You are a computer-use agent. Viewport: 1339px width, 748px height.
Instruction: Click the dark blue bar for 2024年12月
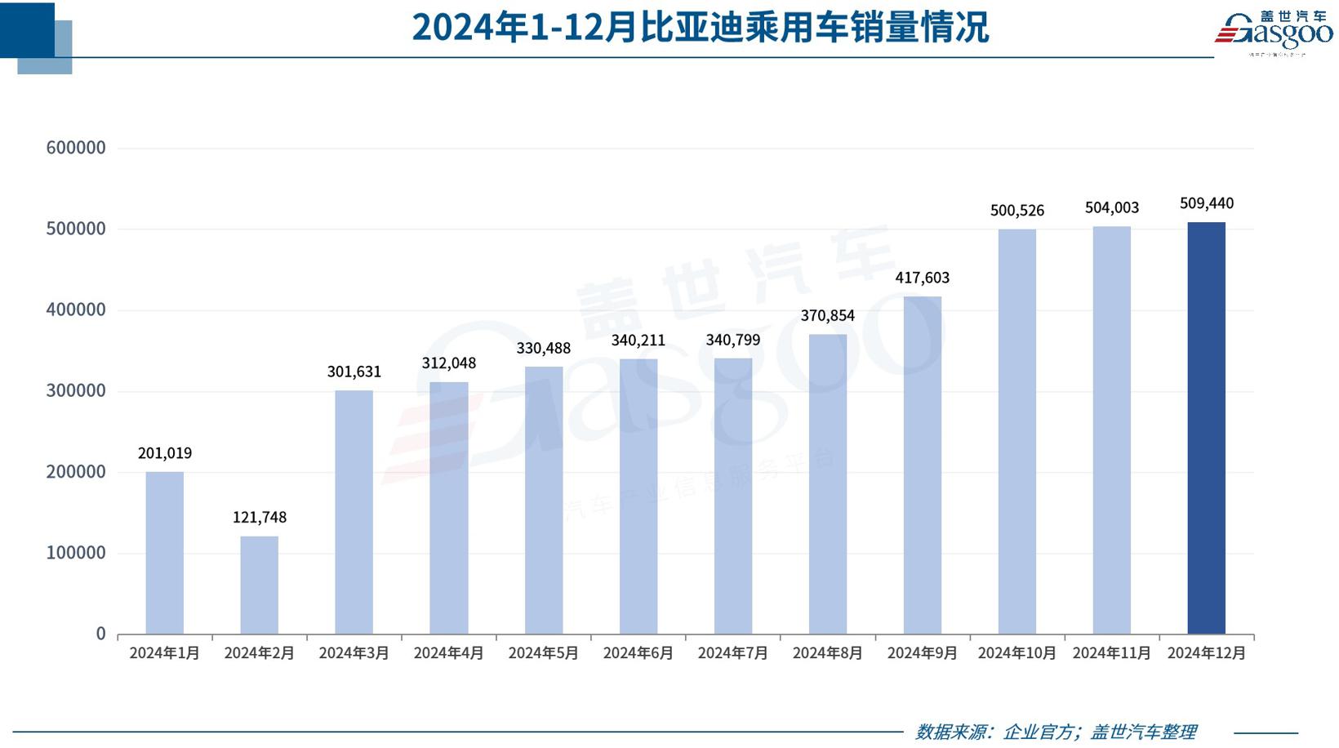point(1206,428)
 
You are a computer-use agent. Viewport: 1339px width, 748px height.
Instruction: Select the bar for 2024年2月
point(259,585)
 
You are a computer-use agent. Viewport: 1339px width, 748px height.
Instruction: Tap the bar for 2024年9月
point(922,465)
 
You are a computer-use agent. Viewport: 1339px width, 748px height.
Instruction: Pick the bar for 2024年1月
point(164,553)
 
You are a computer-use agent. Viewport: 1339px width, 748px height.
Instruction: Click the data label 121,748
point(260,517)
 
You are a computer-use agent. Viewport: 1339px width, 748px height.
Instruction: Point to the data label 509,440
point(1206,203)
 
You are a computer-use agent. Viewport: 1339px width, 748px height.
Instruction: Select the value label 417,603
point(922,278)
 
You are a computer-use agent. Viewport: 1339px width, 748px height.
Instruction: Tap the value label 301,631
point(354,372)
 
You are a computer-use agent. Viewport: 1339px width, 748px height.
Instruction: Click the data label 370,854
point(827,315)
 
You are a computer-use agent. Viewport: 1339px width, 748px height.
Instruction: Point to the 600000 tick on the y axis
point(76,148)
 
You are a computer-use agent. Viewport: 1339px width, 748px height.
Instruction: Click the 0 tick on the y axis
point(100,634)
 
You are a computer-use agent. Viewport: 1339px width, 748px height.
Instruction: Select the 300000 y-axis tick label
point(76,390)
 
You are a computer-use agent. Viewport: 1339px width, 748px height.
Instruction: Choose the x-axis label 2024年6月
point(638,653)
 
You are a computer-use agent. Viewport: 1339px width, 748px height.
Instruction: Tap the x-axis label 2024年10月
point(1016,653)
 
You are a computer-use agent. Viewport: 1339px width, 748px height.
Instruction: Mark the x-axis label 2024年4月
point(448,653)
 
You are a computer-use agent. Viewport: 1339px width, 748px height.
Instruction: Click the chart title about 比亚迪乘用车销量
point(700,27)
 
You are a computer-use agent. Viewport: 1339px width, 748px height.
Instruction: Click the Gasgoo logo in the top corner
point(1274,33)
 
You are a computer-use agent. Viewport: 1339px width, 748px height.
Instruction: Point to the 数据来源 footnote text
point(1055,732)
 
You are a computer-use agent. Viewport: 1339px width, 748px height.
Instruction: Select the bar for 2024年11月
point(1111,430)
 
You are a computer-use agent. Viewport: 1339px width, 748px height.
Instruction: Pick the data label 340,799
point(732,340)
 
